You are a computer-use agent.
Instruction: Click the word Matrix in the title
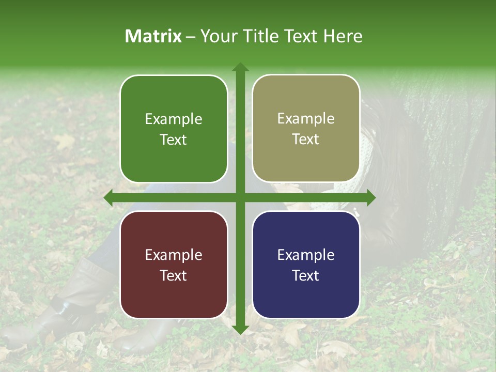click(x=153, y=36)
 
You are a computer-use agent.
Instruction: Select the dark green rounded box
click(x=174, y=129)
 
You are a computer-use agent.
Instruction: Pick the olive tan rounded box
click(x=306, y=129)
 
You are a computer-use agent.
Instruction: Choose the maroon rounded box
click(x=174, y=265)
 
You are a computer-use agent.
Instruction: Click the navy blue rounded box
click(x=306, y=265)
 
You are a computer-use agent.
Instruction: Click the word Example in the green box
click(x=174, y=119)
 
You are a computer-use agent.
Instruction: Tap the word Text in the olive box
click(x=306, y=139)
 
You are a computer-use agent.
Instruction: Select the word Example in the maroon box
click(x=174, y=255)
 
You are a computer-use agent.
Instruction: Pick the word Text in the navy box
click(x=306, y=275)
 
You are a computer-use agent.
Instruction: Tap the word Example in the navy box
click(x=306, y=255)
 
